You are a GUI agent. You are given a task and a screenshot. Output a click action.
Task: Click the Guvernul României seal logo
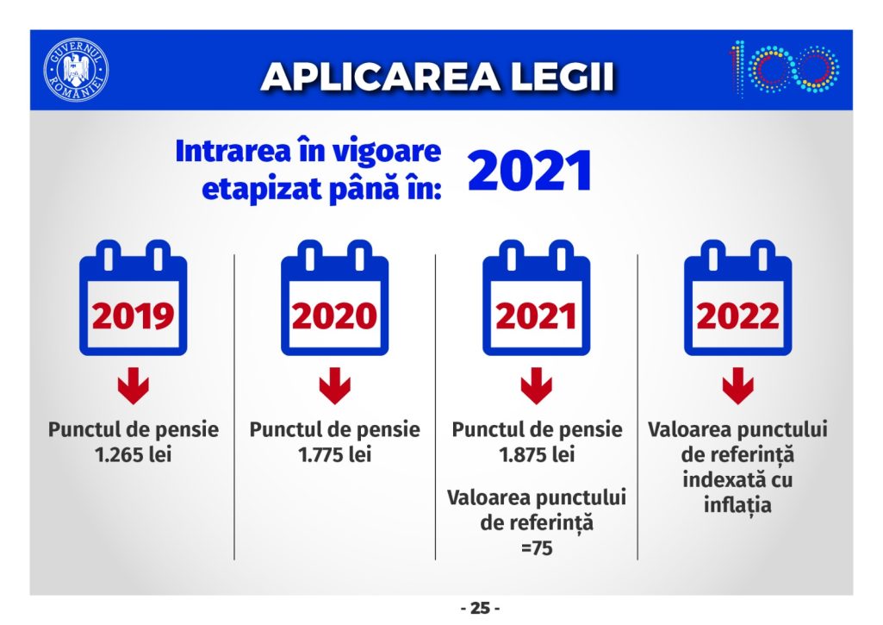[76, 71]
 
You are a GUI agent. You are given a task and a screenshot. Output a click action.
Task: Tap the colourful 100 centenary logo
[785, 69]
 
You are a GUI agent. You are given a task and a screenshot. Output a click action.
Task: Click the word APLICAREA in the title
[380, 76]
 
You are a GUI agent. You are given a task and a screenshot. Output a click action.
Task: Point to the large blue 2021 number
[530, 170]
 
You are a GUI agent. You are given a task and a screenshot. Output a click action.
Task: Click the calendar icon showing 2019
[134, 297]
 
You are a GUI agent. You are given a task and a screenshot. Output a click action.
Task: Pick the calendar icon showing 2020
[334, 297]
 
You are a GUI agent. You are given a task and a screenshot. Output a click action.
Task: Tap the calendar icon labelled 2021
[536, 297]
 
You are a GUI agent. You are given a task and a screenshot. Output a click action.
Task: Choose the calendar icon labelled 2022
[737, 297]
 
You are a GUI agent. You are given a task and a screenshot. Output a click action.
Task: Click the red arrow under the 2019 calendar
[134, 385]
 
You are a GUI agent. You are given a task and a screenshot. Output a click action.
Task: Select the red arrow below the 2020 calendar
[334, 385]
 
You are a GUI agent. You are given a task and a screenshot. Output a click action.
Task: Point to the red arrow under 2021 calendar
[536, 385]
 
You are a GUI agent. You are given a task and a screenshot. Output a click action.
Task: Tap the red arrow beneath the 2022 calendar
[737, 385]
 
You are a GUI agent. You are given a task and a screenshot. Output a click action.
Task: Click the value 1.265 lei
[134, 455]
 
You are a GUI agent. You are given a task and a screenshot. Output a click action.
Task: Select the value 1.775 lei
[334, 455]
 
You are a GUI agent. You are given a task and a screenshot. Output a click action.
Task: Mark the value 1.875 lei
[537, 455]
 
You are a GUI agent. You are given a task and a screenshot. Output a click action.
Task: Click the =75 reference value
[537, 547]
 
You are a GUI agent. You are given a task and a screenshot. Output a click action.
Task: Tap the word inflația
[737, 503]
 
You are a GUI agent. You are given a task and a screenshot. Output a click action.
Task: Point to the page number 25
[481, 609]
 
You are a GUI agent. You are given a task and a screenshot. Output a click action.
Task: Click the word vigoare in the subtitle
[392, 153]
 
